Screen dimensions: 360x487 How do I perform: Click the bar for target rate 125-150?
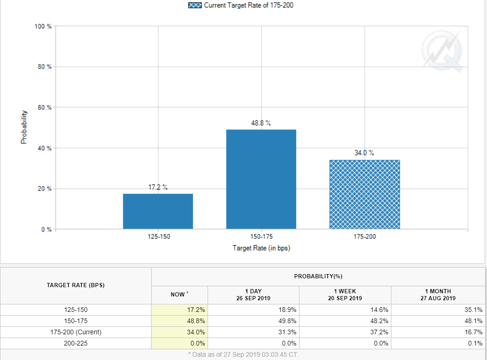pos(158,211)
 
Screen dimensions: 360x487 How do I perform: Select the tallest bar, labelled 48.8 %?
pos(261,179)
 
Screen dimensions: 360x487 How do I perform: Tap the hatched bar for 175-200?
pos(364,195)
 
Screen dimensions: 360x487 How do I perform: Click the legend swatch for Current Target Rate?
pos(195,5)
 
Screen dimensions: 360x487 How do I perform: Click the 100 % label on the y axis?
pos(43,26)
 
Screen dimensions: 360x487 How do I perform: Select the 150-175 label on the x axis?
pos(261,237)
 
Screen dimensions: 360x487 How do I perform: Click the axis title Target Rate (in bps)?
pos(261,248)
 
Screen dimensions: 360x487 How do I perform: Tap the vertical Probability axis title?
pos(23,127)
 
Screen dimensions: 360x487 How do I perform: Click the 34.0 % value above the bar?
pos(364,153)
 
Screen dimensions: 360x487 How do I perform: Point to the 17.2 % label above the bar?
pos(158,187)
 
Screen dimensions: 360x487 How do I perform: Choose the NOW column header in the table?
pos(180,295)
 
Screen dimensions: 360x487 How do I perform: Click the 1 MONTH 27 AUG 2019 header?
pos(438,295)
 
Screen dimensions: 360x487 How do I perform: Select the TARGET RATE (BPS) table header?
pos(76,285)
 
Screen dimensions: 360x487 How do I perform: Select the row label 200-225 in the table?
pos(76,343)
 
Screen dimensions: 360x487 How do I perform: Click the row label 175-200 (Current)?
pos(76,332)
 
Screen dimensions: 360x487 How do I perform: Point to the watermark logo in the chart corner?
pos(441,49)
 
